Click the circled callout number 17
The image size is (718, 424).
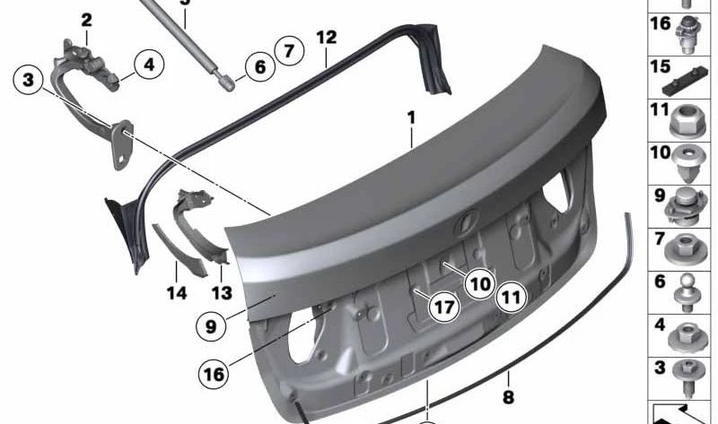click(443, 307)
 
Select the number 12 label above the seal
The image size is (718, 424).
click(327, 37)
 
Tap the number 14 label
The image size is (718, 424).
click(177, 293)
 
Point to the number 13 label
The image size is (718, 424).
click(222, 293)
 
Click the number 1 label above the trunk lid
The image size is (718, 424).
click(411, 117)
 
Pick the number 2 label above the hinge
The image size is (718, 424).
click(86, 20)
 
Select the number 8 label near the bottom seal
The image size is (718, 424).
click(508, 396)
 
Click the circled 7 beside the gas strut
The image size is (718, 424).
click(289, 50)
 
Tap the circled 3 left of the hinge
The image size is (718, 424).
click(29, 80)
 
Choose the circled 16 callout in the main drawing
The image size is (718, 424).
click(214, 374)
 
